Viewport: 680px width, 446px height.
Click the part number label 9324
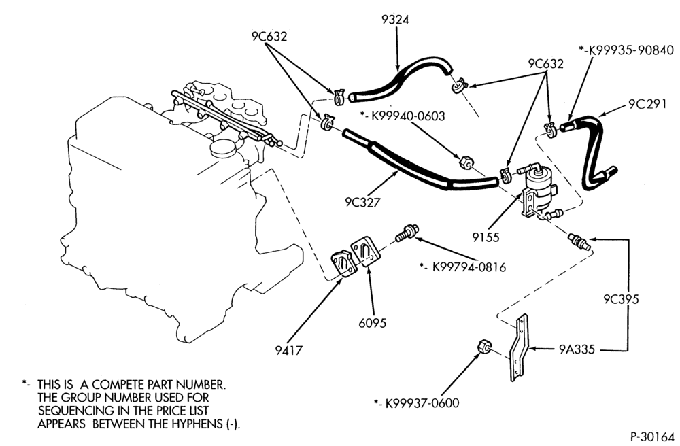[395, 20]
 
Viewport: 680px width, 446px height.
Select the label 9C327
[362, 203]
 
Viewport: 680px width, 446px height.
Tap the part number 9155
[486, 237]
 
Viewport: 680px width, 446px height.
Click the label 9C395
[622, 299]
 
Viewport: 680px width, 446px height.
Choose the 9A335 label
[577, 349]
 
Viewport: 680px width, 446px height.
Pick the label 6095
[372, 323]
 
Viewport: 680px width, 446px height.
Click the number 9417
[288, 350]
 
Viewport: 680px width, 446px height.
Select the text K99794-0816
[469, 267]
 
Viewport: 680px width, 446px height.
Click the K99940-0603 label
[408, 116]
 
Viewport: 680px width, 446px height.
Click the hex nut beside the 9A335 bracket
[484, 347]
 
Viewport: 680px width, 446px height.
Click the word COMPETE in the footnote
[118, 384]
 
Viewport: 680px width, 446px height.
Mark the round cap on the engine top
[223, 148]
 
